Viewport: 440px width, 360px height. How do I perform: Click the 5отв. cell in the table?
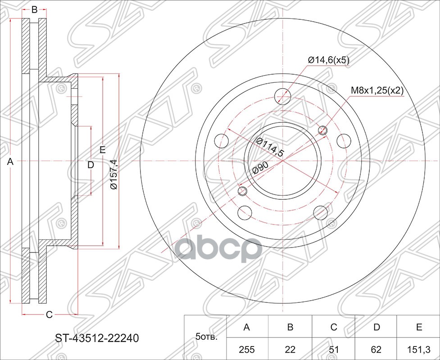pos(205,337)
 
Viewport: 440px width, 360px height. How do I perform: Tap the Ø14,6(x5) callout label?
pos(328,60)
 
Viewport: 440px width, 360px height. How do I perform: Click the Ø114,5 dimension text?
pos(270,147)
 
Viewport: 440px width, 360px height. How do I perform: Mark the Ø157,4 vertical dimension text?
pos(114,174)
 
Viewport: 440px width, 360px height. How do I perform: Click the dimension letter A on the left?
pos(11,162)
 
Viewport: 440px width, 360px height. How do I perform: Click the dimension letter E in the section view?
pos(103,150)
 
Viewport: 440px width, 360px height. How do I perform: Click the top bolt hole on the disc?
pos(282,95)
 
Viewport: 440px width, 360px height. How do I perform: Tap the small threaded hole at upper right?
pos(322,130)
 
